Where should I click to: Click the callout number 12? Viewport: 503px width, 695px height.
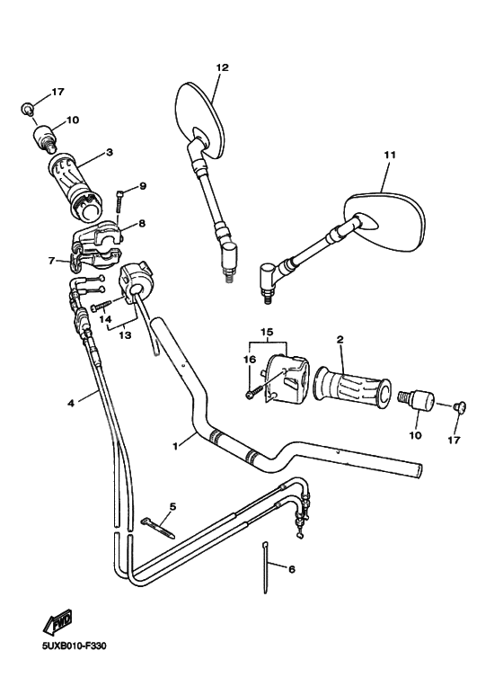[x=223, y=67]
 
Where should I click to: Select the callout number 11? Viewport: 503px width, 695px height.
[x=389, y=155]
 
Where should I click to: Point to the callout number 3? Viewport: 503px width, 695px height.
[x=109, y=153]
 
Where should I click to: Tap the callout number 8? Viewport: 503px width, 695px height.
[x=142, y=222]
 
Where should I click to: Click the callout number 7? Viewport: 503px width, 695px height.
[x=51, y=261]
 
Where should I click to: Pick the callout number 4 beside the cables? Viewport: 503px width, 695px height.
[x=71, y=402]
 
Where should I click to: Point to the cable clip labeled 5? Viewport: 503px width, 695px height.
[x=157, y=522]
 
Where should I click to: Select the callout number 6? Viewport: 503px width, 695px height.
[x=290, y=568]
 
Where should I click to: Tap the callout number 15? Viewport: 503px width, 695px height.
[x=265, y=333]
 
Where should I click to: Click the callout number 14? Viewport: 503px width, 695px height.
[x=105, y=318]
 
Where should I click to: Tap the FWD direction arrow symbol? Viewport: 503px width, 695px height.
[x=57, y=620]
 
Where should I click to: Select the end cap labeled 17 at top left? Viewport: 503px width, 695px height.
[x=29, y=110]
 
